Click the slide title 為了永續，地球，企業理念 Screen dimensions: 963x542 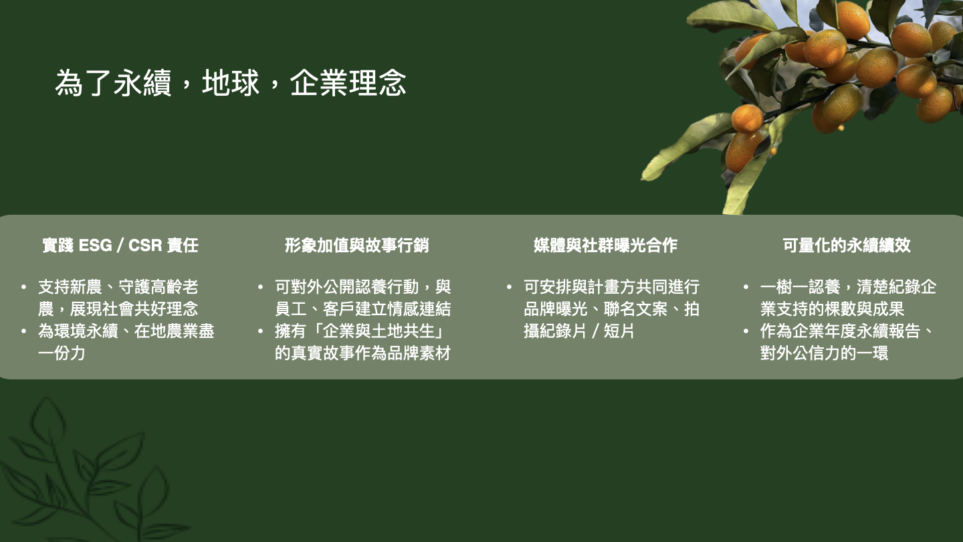pos(231,82)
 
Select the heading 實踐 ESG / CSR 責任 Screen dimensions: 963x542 pos(120,245)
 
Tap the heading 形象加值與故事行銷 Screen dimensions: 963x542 pos(357,245)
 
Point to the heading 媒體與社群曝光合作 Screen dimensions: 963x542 pos(605,245)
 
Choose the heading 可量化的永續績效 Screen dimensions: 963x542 pos(847,245)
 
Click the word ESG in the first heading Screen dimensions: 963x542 pos(96,245)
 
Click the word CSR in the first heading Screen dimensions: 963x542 pos(145,245)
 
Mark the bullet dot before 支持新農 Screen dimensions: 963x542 pos(23,287)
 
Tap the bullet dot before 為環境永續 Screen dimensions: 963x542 pos(23,331)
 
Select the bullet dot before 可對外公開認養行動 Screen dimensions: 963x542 pos(260,287)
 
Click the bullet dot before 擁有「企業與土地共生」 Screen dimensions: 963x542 pos(260,331)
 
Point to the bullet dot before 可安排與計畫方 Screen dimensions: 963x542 pos(509,287)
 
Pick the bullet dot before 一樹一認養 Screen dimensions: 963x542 pos(746,287)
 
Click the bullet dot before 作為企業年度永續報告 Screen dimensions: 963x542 pos(746,331)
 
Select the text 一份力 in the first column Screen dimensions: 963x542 pos(62,353)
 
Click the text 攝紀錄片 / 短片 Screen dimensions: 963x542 pos(578,331)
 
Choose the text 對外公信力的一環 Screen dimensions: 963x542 pos(824,353)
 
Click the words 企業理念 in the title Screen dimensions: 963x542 pos(348,82)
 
